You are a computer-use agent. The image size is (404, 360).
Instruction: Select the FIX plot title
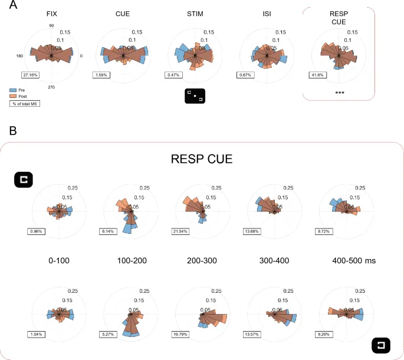click(x=52, y=13)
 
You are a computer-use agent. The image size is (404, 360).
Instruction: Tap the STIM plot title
click(x=195, y=13)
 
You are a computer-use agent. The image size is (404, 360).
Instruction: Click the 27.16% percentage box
click(x=29, y=75)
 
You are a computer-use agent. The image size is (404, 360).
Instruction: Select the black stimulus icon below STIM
click(x=195, y=96)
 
